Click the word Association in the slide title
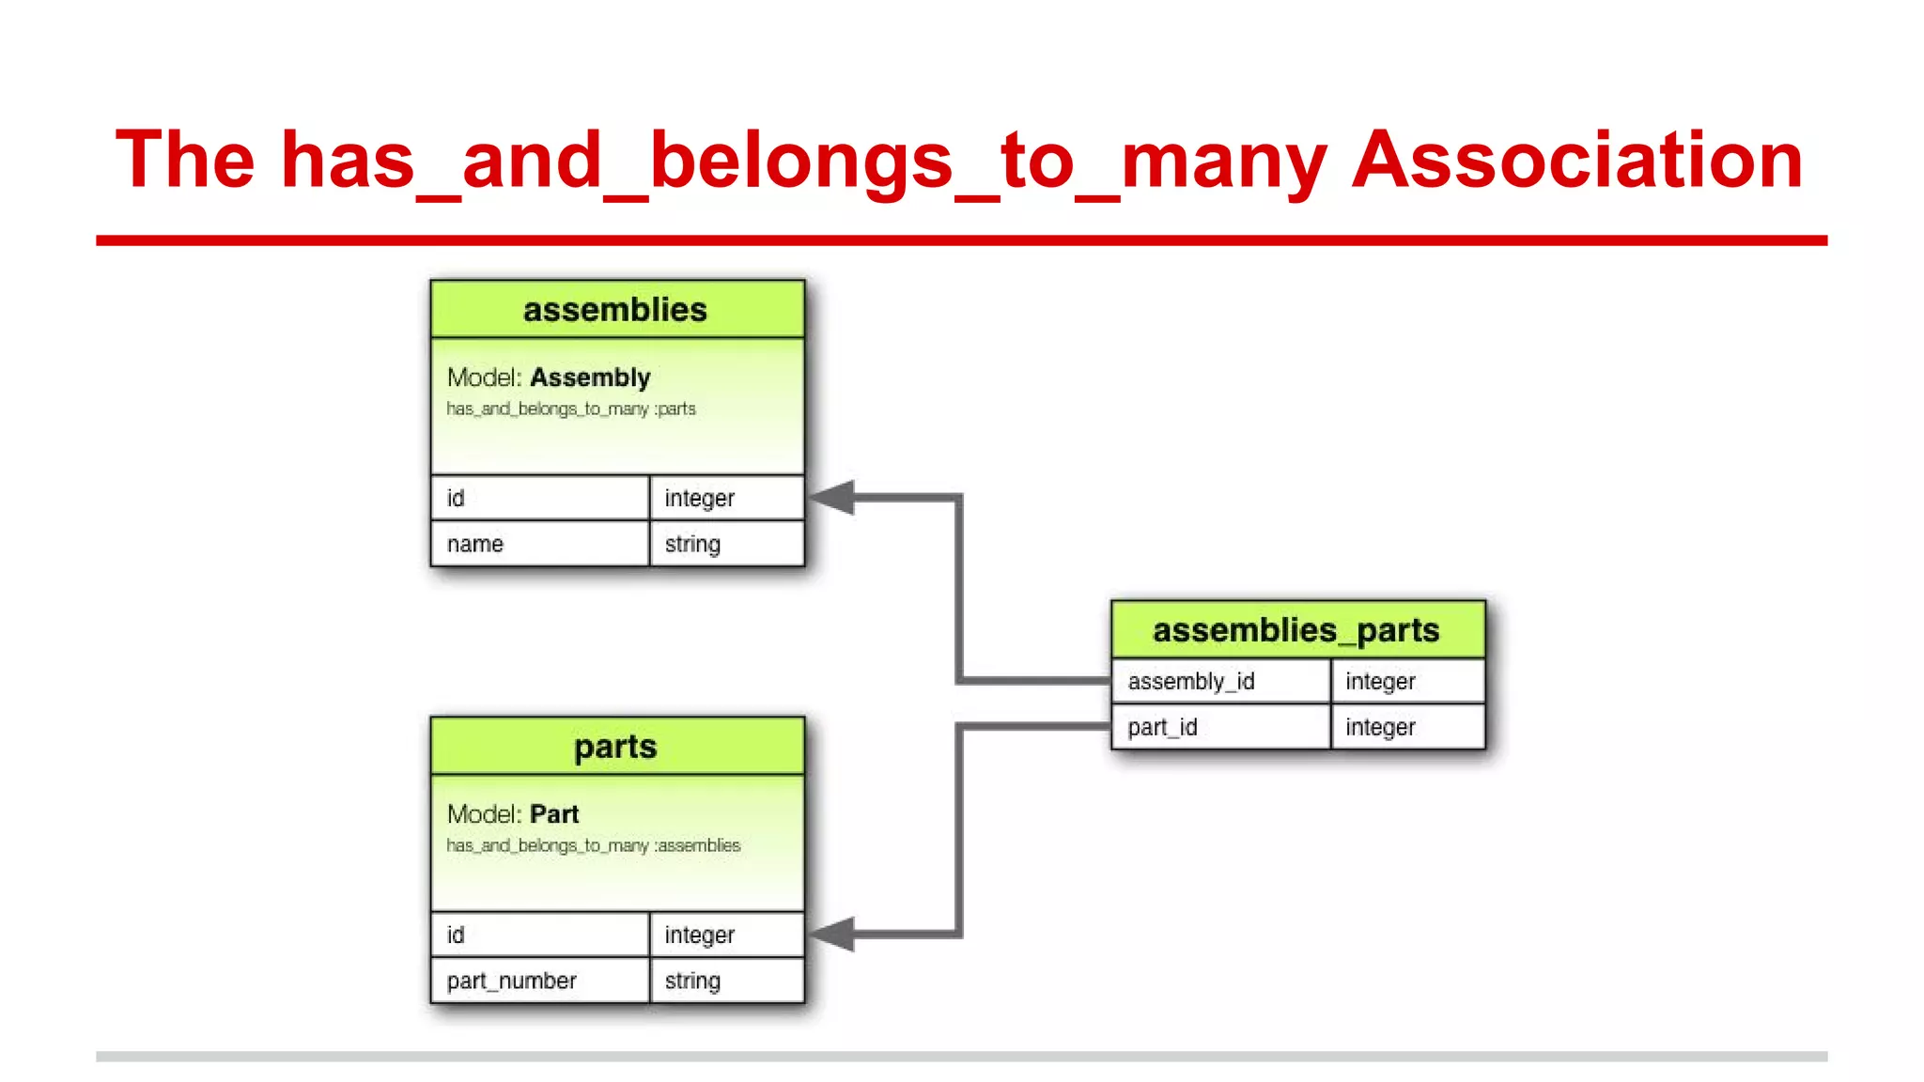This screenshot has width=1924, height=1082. coord(1576,160)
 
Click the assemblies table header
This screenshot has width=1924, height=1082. coord(615,309)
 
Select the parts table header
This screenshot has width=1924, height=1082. coord(615,747)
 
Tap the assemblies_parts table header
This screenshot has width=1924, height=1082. coord(1296,629)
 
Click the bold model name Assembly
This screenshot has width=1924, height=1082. coord(590,378)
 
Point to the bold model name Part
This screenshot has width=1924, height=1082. coord(554,814)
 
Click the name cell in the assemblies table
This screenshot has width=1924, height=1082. coord(539,544)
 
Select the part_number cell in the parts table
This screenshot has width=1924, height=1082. coord(539,981)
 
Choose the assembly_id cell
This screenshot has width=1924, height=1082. coord(1219,681)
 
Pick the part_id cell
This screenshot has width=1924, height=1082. coord(1219,727)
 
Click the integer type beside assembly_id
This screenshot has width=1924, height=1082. coord(1407,681)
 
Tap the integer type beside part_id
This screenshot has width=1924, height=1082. coord(1407,727)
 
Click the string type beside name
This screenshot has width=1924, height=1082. coord(725,544)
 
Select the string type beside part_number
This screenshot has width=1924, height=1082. coord(725,981)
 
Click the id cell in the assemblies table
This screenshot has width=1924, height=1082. coord(539,498)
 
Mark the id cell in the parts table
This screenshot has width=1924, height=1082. coord(539,935)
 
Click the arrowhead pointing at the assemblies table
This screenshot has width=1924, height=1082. coord(832,498)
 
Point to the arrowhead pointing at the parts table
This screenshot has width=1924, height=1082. coord(832,935)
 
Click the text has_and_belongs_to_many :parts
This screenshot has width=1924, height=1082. coord(571,410)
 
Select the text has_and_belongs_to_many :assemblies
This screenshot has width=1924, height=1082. coord(594,846)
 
